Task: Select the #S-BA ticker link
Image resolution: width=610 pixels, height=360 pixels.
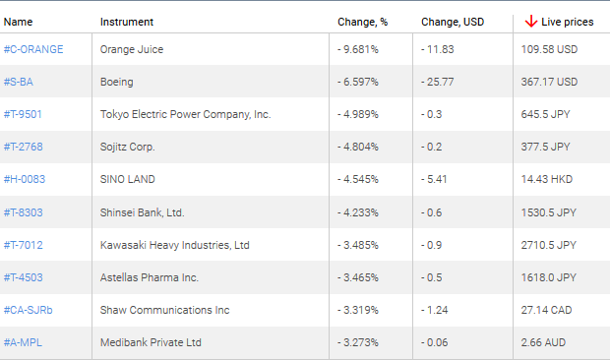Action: pos(19,82)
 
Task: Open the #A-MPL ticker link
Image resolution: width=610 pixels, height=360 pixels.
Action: pos(23,342)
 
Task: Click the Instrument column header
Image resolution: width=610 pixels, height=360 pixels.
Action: pos(126,21)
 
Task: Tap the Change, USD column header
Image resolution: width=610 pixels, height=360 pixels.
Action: pos(453,21)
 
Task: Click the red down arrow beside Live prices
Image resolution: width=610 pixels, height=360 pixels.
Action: pos(530,21)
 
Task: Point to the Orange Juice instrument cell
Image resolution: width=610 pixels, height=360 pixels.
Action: pos(132,49)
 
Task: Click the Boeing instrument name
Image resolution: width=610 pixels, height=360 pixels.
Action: pos(116,82)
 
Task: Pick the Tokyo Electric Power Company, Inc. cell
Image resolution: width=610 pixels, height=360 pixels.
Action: pos(185,114)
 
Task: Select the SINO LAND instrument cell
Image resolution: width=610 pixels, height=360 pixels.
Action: pos(128,179)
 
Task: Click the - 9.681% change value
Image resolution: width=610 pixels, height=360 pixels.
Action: pos(357,49)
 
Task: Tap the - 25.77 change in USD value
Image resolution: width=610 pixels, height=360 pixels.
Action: pos(437,82)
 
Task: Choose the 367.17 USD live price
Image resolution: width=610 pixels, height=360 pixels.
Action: pos(549,82)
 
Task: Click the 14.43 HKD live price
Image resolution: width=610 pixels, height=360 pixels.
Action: pos(545,179)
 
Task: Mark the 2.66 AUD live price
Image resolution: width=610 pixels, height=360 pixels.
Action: pos(542,342)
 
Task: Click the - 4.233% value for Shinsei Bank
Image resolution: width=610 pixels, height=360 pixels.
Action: pos(357,212)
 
